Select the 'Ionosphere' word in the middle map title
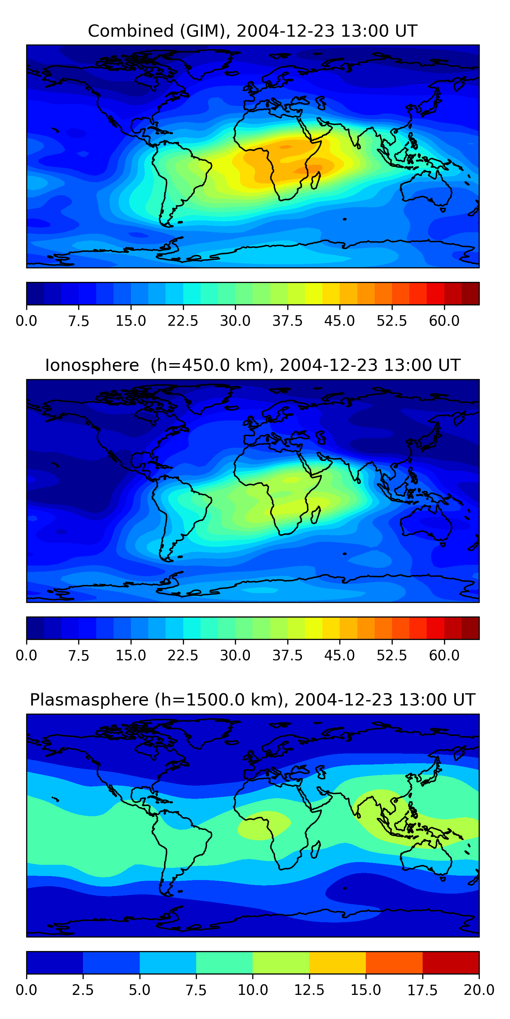92,365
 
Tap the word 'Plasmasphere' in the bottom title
89,700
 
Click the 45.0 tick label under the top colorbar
339,321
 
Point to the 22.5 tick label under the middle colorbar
183,656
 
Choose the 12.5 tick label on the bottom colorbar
309,990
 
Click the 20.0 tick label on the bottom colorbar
479,990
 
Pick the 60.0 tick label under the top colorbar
444,321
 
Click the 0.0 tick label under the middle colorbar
27,656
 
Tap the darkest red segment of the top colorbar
471,293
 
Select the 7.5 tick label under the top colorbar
79,321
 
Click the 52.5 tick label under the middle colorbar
392,656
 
